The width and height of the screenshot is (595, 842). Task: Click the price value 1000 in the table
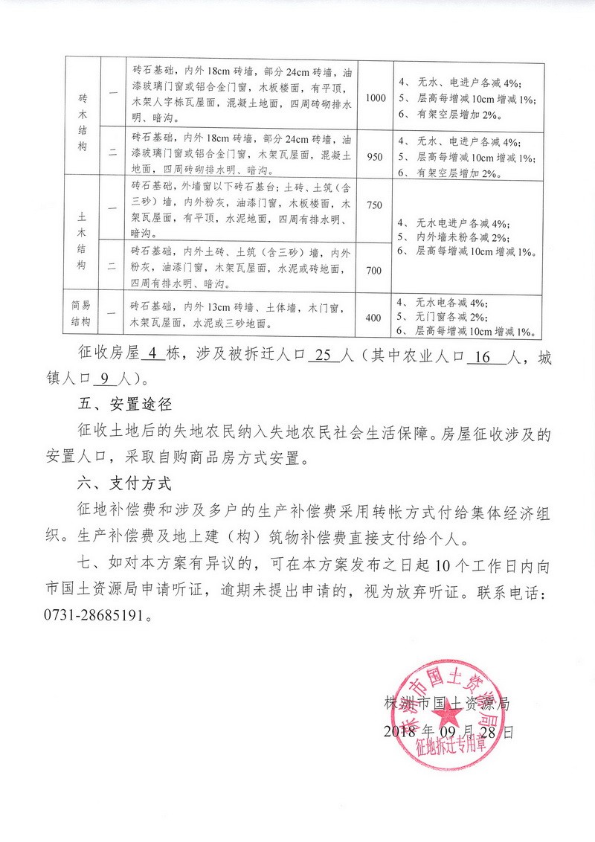(376, 98)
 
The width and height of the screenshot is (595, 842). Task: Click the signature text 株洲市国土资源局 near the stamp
(447, 702)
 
